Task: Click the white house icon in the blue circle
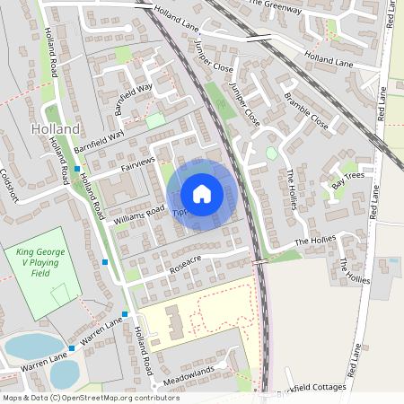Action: click(202, 194)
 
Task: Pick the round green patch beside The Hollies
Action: click(272, 154)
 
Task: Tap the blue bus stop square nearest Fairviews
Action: click(78, 169)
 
